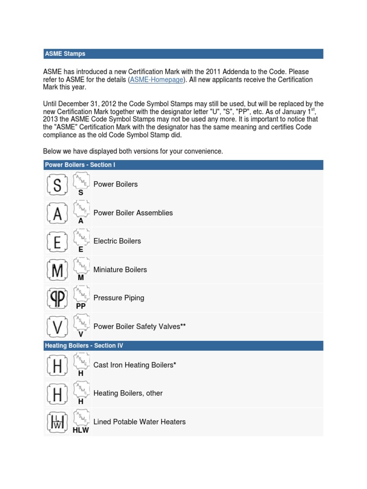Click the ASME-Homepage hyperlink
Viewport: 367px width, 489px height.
[x=156, y=80]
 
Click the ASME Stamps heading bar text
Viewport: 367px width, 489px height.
[x=65, y=53]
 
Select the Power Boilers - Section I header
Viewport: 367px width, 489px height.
[x=80, y=165]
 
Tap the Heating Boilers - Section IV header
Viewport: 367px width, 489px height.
[x=84, y=345]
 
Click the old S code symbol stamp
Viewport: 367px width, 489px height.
[x=57, y=184]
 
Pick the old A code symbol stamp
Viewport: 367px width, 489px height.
[x=57, y=213]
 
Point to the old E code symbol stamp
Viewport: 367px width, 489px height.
[x=57, y=242]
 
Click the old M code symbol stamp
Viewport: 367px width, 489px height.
[x=57, y=270]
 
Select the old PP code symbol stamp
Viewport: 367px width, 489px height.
[x=57, y=298]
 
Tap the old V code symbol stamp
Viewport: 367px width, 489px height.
[x=57, y=327]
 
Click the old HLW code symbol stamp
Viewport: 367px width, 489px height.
[x=57, y=422]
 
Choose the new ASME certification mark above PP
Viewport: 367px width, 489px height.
[x=81, y=293]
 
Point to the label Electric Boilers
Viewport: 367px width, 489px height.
[x=117, y=241]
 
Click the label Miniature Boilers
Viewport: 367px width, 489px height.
[x=120, y=270]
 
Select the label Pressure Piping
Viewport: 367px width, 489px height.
[x=119, y=298]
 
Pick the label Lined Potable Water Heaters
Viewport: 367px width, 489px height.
[x=140, y=422]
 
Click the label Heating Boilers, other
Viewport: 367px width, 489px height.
[x=128, y=393]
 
